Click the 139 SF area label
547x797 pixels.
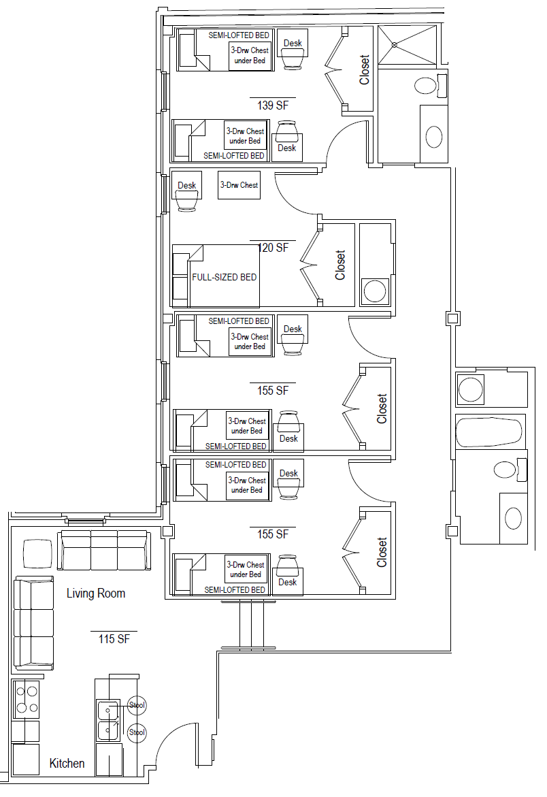pos(273,105)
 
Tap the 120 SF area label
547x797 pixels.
pos(273,248)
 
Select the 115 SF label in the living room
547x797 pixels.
pos(114,639)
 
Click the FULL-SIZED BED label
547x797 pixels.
pos(224,277)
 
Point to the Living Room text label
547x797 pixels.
pos(96,593)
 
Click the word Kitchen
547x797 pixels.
pos(67,763)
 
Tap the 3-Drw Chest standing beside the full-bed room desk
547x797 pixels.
pos(239,185)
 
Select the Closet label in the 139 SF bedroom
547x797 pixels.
pos(364,69)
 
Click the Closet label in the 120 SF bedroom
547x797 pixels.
pos(339,265)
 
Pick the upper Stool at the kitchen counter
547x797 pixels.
pos(137,706)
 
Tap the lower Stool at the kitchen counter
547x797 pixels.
pos(137,732)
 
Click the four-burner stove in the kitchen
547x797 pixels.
pos(25,700)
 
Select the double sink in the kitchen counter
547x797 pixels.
pos(107,720)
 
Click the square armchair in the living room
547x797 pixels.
pos(37,553)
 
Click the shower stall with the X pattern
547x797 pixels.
pos(408,45)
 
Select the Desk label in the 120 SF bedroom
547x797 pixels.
pos(187,186)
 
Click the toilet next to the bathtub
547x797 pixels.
pos(510,470)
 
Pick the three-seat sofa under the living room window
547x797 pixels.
pos(104,551)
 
